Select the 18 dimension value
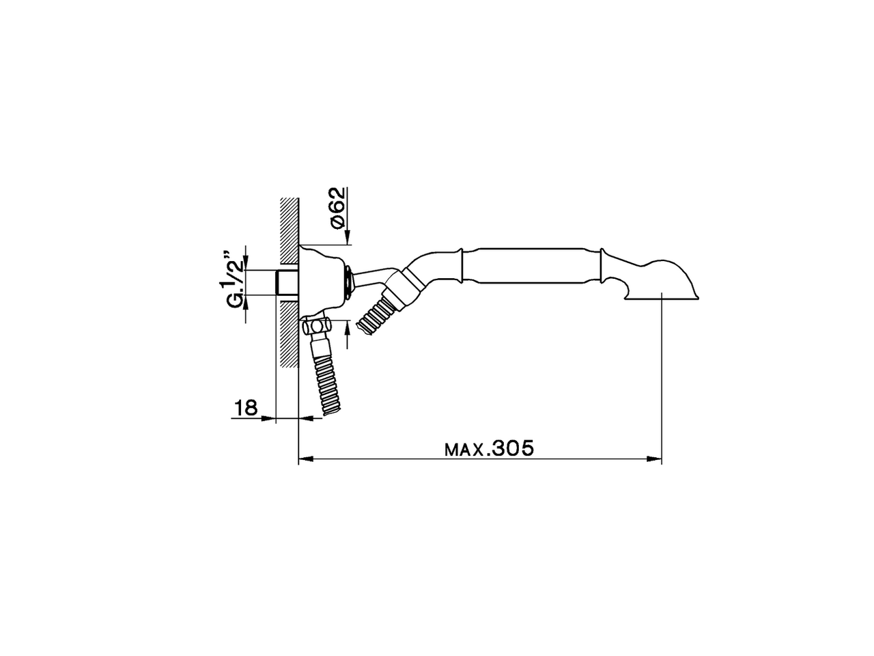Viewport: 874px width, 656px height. pos(246,408)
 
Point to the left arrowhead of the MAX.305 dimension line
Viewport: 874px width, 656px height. pos(305,459)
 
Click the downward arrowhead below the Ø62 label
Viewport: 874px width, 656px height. pos(348,238)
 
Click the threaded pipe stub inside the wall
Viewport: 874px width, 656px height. pos(287,282)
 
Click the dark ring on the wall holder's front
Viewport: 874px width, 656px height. pos(350,282)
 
